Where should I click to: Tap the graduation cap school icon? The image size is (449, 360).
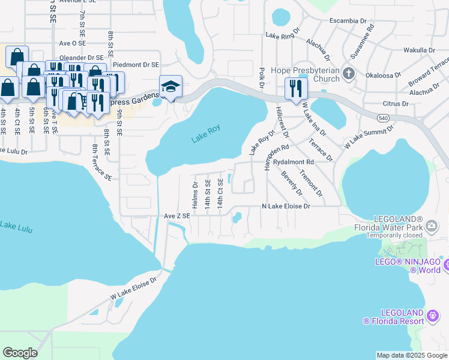pyautogui.click(x=170, y=87)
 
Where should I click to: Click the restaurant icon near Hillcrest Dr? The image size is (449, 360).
pyautogui.click(x=296, y=88)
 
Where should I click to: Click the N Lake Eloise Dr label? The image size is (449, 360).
pyautogui.click(x=286, y=206)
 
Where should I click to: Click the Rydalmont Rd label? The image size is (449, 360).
pyautogui.click(x=294, y=163)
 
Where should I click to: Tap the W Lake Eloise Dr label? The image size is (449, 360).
pyautogui.click(x=133, y=288)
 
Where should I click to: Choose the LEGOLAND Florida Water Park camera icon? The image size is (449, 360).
pyautogui.click(x=431, y=226)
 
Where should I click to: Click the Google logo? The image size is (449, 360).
pyautogui.click(x=20, y=353)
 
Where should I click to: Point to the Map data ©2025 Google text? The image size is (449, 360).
pyautogui.click(x=412, y=355)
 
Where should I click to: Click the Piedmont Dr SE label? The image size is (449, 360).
pyautogui.click(x=136, y=65)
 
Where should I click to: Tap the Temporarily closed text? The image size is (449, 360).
pyautogui.click(x=393, y=236)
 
